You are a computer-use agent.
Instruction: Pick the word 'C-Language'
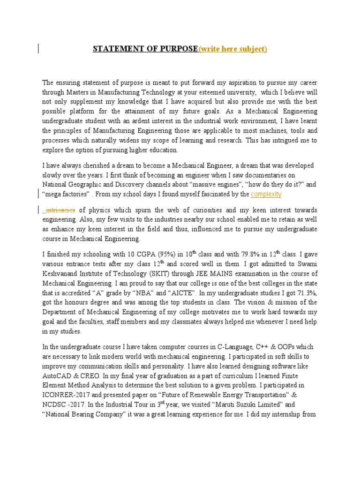[236, 346]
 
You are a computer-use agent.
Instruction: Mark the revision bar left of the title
[38, 49]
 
